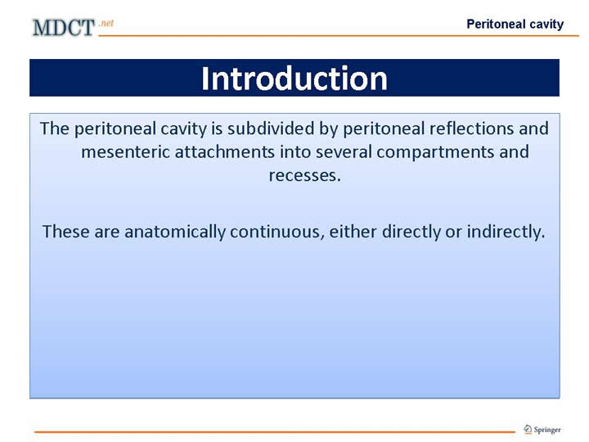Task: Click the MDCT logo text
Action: click(64, 28)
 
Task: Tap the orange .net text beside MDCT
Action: click(106, 23)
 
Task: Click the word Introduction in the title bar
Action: click(294, 79)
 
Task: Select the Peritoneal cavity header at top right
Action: click(515, 24)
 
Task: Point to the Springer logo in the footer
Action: click(542, 429)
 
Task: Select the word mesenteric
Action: click(125, 152)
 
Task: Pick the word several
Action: click(344, 152)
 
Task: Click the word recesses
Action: click(304, 176)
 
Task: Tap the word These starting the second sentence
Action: click(65, 232)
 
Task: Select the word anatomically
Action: click(175, 232)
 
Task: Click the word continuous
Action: click(277, 232)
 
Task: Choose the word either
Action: click(353, 232)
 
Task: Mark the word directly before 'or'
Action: click(411, 232)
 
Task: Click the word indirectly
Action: click(506, 232)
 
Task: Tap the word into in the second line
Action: click(295, 152)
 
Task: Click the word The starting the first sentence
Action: click(55, 129)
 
